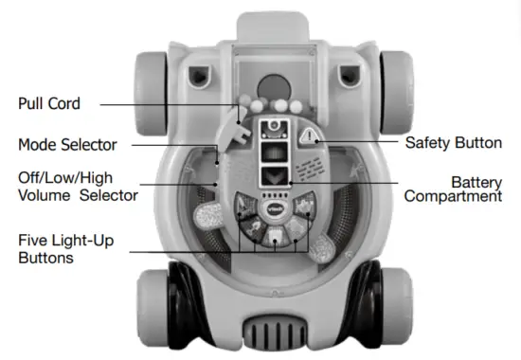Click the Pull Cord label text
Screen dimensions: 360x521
(49, 103)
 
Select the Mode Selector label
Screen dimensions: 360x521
(67, 145)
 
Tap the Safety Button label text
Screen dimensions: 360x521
(454, 143)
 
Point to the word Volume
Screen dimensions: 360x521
(44, 196)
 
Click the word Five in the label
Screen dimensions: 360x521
(34, 242)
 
